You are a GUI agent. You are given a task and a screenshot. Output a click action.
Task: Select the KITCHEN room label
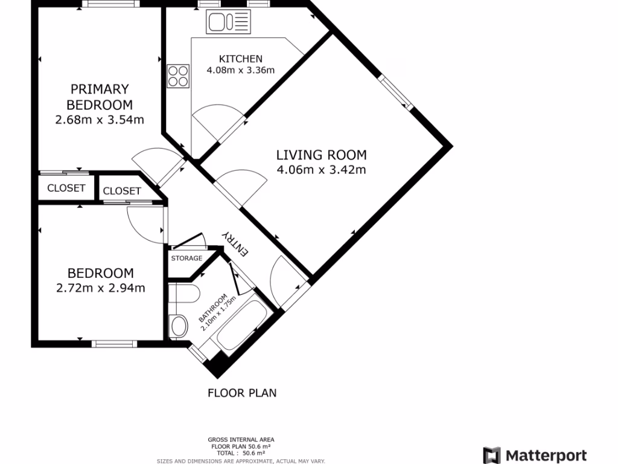[240, 59]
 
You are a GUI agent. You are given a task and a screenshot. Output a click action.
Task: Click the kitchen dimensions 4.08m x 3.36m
[240, 70]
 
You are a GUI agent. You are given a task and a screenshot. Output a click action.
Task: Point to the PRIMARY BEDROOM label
[100, 97]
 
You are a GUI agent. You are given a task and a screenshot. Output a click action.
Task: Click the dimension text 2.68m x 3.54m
[100, 120]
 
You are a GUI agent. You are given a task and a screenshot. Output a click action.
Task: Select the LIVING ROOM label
[321, 155]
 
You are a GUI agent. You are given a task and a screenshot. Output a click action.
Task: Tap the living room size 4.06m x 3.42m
[321, 170]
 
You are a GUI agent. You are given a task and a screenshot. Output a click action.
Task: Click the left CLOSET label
[66, 188]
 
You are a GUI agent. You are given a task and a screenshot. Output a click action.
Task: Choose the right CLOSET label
[122, 191]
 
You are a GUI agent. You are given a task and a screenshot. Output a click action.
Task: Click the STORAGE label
[186, 259]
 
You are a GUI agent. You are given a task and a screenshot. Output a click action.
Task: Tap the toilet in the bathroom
[179, 326]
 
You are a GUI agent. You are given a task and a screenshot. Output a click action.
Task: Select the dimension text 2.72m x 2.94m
[100, 288]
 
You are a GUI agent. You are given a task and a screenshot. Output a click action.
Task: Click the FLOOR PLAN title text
[242, 393]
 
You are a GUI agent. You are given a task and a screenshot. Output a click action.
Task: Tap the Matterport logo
[535, 455]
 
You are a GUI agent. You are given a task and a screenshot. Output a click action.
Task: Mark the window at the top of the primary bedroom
[111, 4]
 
